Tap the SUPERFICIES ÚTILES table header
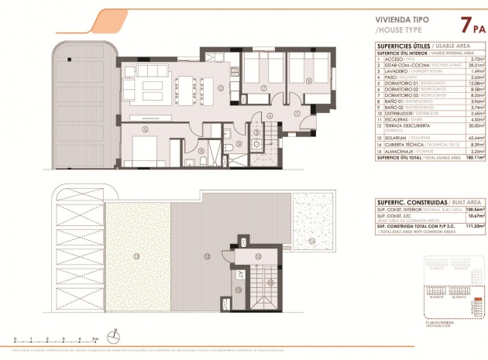pos(399,46)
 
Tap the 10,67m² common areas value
pos(472,214)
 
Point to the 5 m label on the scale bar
pos(94,339)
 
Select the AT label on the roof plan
pos(239,275)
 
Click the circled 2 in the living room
pos(220,87)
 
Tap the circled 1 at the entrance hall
pos(297,114)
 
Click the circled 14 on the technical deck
pos(311,241)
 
